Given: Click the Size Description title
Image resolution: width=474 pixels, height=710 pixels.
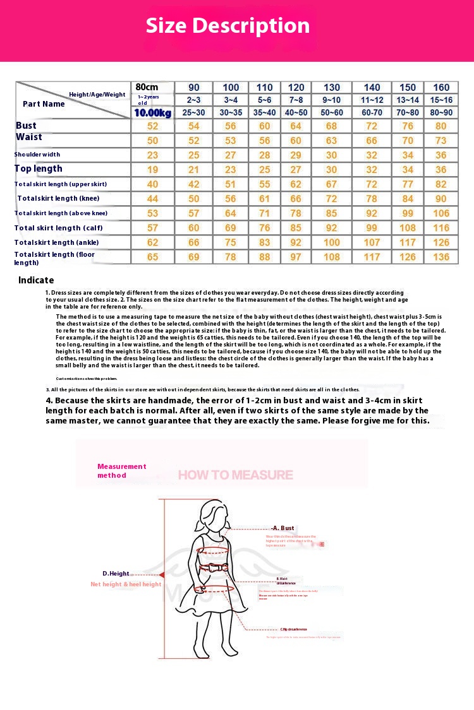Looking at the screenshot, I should [x=228, y=26].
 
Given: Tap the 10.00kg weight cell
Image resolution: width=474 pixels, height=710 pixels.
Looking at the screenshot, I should [x=152, y=113].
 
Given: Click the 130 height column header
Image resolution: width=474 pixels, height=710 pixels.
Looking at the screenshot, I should [x=331, y=88].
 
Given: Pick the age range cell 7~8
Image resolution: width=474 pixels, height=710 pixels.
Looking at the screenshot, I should [x=296, y=100].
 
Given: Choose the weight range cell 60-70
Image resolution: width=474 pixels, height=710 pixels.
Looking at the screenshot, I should [x=372, y=113].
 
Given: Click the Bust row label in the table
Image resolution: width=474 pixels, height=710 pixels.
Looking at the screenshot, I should [x=26, y=126].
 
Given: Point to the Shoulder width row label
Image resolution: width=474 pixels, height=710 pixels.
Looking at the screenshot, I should [x=37, y=155].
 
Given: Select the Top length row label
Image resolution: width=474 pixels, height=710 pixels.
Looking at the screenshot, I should [x=39, y=169].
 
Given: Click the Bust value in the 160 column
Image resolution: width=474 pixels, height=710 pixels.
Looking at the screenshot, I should [x=441, y=126].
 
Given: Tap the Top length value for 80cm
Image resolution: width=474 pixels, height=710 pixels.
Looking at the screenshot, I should [x=152, y=170].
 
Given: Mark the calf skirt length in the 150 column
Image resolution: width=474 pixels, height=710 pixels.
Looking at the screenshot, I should [x=408, y=228].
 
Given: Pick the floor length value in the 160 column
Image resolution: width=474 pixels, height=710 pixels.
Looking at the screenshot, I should [x=441, y=257].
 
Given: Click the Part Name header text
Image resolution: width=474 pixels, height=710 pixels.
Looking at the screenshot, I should [x=44, y=104].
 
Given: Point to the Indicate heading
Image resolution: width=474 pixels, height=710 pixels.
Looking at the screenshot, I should [x=36, y=280].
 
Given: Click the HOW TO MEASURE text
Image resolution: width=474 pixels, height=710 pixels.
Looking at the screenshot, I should [x=235, y=475].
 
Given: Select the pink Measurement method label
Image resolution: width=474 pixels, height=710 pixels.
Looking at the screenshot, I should [x=121, y=471].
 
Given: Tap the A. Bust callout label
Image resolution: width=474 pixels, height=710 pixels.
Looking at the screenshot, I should [x=283, y=528].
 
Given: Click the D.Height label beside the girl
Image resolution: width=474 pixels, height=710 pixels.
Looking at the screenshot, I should [x=116, y=574].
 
